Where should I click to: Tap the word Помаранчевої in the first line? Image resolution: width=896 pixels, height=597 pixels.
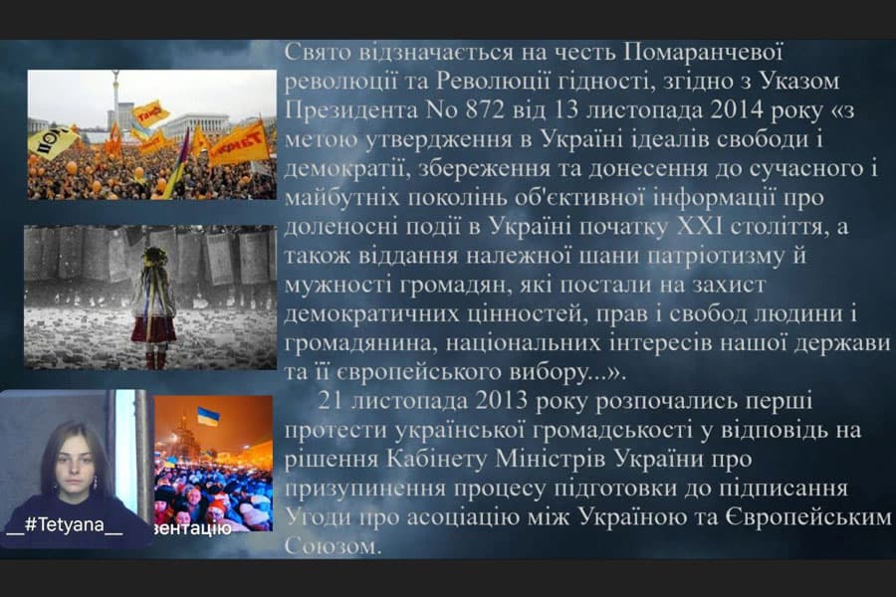(688, 52)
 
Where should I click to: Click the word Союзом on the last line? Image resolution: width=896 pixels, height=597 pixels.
(333, 546)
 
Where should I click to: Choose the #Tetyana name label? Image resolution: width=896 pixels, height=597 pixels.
(66, 527)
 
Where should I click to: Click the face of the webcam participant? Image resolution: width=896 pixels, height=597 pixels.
(72, 460)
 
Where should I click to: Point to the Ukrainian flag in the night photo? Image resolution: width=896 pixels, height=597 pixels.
(208, 415)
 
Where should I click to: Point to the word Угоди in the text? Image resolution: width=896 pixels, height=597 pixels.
(315, 517)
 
